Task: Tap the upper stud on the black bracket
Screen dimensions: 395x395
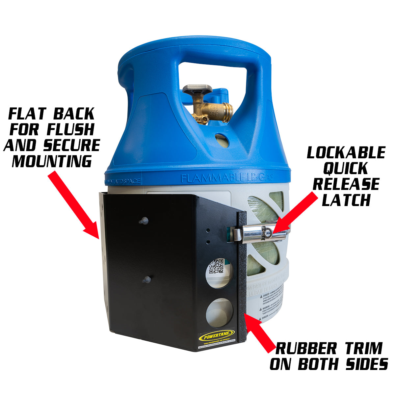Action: pyautogui.click(x=143, y=221)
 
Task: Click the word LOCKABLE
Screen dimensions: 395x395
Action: pyautogui.click(x=346, y=153)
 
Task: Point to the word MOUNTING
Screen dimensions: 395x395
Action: pyautogui.click(x=52, y=161)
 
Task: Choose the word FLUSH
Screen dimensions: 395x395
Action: pyautogui.click(x=70, y=130)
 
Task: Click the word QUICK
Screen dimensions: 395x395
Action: pyautogui.click(x=346, y=169)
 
